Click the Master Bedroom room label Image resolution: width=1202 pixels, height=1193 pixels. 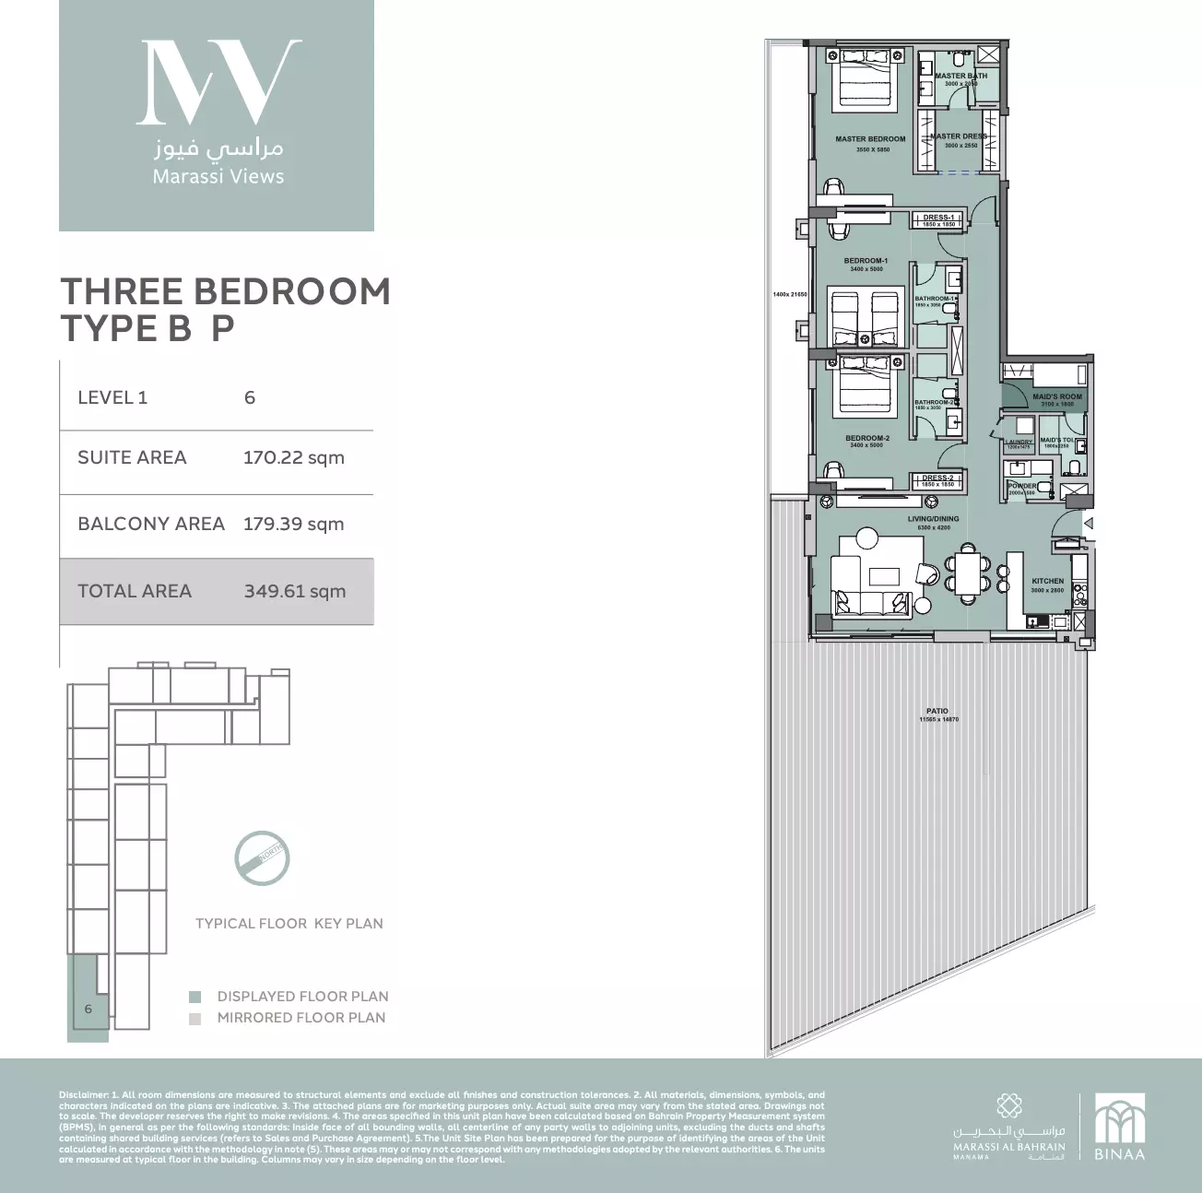pyautogui.click(x=870, y=139)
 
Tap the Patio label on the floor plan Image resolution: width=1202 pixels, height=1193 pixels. pyautogui.click(x=937, y=711)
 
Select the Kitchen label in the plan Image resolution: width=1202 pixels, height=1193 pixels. pyautogui.click(x=1047, y=582)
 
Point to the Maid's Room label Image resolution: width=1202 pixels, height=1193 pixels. pyautogui.click(x=1056, y=397)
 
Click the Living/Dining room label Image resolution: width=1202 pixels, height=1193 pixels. pyautogui.click(x=933, y=519)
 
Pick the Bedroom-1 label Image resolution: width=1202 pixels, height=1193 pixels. pyautogui.click(x=866, y=261)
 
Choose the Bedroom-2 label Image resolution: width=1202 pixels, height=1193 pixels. pyautogui.click(x=866, y=438)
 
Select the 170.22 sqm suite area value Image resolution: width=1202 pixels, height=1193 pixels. pyautogui.click(x=293, y=458)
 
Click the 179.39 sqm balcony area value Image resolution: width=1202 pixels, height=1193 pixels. pyautogui.click(x=293, y=525)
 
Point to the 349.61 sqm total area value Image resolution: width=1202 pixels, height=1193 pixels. pyautogui.click(x=294, y=592)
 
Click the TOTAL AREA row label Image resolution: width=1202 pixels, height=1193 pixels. pyautogui.click(x=135, y=592)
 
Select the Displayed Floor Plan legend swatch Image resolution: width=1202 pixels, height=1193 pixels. pyautogui.click(x=194, y=997)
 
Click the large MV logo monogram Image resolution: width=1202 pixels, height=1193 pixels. pyautogui.click(x=218, y=82)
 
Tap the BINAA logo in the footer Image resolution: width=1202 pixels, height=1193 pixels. pyautogui.click(x=1119, y=1127)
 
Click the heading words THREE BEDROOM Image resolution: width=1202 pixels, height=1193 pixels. pyautogui.click(x=225, y=291)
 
